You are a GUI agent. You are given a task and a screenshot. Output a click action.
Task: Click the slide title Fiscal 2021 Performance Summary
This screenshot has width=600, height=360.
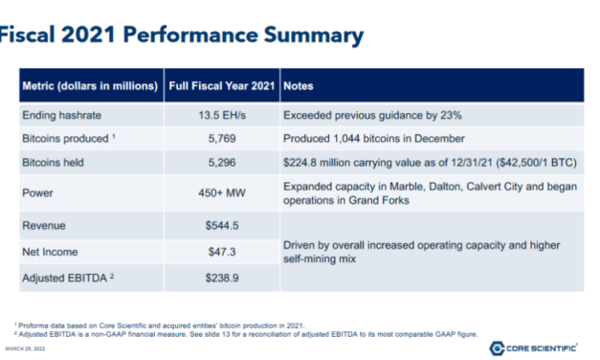[x=182, y=35]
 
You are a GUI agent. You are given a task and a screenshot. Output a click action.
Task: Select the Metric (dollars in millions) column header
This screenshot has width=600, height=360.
[x=89, y=86]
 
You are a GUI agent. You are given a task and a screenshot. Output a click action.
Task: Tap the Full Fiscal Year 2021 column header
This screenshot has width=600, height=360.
[x=221, y=86]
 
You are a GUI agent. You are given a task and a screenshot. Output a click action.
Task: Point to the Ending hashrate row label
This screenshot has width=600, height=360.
[x=61, y=115]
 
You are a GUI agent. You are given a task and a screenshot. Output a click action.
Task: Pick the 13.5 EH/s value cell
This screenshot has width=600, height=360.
[x=221, y=115]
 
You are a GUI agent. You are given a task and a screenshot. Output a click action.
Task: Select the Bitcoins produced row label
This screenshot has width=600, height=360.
[x=65, y=139]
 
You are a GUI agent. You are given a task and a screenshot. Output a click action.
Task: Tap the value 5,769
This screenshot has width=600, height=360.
[x=221, y=139]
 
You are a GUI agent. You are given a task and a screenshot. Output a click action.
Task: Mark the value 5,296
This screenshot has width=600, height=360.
[x=221, y=163]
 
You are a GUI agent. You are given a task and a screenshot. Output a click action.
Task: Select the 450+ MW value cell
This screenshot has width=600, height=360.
[x=221, y=191]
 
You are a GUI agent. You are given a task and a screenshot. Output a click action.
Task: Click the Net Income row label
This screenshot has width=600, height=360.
[x=53, y=251]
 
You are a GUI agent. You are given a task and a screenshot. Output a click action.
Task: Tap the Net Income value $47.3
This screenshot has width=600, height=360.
[x=221, y=251]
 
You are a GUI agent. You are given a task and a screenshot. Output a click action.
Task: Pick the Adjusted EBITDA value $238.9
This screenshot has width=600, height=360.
[x=221, y=278]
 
